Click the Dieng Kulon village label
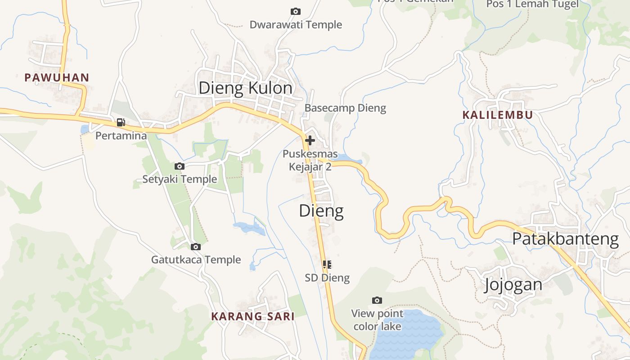(245, 88)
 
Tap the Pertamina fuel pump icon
(121, 122)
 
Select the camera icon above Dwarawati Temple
(296, 11)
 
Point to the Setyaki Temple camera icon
(180, 166)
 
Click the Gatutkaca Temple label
(196, 260)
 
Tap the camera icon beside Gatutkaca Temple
(196, 247)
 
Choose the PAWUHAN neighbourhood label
(57, 77)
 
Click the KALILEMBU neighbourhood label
(498, 115)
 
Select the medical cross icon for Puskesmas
(310, 140)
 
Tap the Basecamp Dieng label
(345, 108)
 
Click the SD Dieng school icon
(327, 265)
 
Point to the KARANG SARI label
(253, 316)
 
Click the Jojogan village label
(513, 284)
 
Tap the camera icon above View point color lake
(377, 300)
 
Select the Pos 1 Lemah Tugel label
(532, 4)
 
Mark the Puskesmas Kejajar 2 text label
(310, 161)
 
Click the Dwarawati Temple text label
(296, 25)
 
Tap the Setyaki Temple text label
(180, 179)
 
